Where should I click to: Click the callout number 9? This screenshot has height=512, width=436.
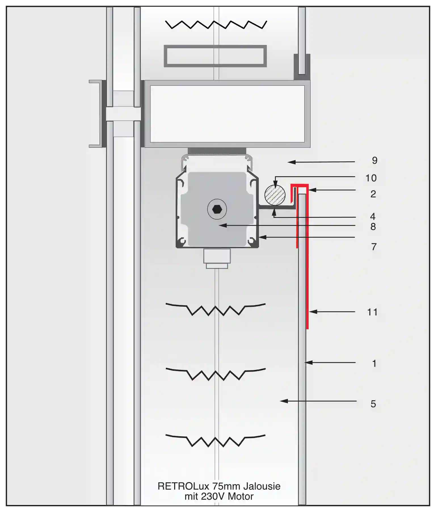click(375, 161)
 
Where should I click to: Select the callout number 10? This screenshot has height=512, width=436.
click(371, 178)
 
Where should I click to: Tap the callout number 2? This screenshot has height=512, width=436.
click(373, 194)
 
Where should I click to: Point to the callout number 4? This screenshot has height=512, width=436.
click(373, 216)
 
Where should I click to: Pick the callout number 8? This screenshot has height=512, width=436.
click(373, 227)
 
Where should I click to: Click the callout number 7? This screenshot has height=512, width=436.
click(374, 247)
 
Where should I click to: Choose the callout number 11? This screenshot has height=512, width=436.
click(372, 312)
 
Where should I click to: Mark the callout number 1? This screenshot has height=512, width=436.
click(374, 364)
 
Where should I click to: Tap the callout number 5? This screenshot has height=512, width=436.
click(373, 404)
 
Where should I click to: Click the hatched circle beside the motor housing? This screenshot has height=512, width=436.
click(275, 195)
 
